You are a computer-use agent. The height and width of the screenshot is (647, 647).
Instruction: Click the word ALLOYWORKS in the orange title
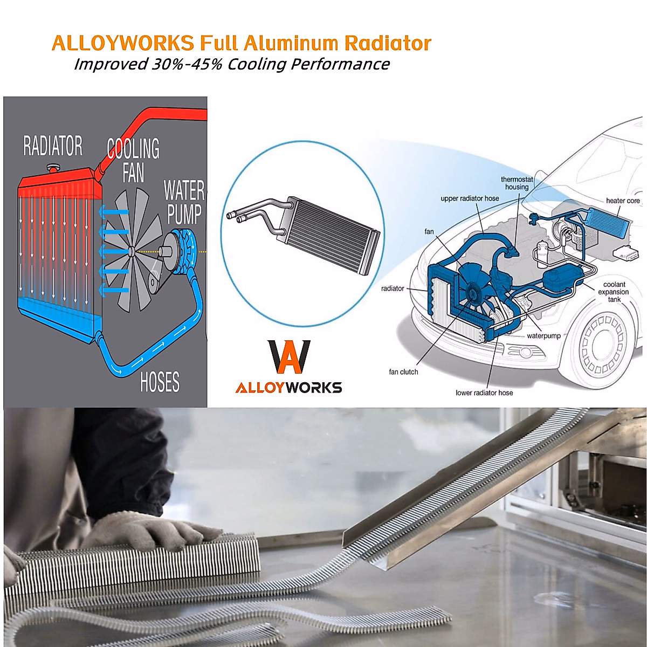123,43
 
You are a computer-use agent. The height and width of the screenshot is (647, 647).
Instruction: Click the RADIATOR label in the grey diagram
53,146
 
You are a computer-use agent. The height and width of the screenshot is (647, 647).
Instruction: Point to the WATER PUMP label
184,202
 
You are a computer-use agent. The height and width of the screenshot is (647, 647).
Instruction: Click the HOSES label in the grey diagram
160,382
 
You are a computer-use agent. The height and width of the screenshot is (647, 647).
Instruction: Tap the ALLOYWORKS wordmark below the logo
288,388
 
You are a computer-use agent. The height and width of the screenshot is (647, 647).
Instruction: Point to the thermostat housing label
517,183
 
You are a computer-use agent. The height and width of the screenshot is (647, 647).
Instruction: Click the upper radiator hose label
470,198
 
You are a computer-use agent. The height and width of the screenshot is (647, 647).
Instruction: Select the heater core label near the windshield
623,201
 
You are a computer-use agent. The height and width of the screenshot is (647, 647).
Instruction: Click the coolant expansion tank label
614,292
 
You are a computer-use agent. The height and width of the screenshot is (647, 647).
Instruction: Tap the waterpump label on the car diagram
543,336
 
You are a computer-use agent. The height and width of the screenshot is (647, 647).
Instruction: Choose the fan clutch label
403,372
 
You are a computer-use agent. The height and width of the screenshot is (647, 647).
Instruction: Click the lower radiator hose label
484,393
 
